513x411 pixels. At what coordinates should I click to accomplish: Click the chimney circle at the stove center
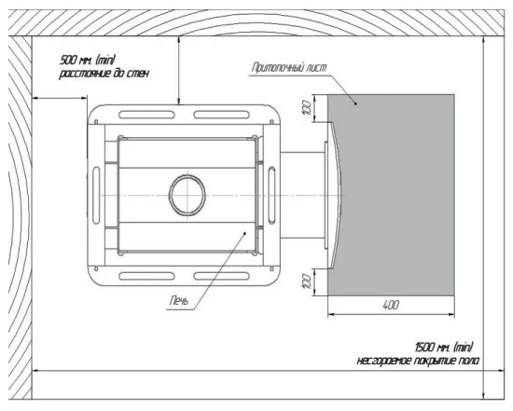tap(187, 179)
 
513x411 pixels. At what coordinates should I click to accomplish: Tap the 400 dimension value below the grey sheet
tap(391, 305)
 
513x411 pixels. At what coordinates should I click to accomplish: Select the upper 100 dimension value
tap(307, 108)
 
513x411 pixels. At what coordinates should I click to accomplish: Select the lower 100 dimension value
tap(307, 281)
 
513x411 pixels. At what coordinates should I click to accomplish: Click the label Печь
tap(179, 300)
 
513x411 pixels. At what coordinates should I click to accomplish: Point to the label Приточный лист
tap(289, 67)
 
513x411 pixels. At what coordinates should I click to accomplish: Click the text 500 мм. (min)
tap(88, 60)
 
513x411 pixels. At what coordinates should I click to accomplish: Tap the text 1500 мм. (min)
tap(444, 347)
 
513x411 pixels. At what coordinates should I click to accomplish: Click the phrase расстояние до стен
tap(104, 73)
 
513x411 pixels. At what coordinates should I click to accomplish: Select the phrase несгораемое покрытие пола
tap(418, 361)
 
